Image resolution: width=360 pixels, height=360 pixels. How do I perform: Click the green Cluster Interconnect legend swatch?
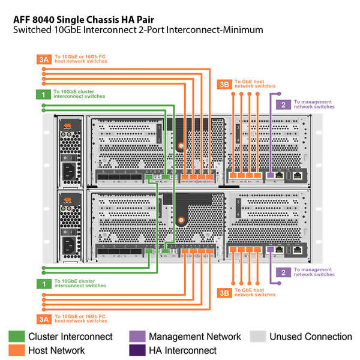pos(16,337)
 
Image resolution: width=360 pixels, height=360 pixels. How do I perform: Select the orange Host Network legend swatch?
pos(16,350)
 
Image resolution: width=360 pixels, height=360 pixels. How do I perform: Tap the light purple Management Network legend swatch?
pos(137,337)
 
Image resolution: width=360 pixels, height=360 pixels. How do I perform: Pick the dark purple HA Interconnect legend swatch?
pos(137,350)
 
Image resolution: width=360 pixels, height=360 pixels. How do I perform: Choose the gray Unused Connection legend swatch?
pos(258,337)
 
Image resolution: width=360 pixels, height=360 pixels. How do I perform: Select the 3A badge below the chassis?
pos(43,318)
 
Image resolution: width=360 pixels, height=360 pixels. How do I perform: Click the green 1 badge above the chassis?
pos(43,94)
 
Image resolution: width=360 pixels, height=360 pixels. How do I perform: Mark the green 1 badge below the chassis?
pos(43,283)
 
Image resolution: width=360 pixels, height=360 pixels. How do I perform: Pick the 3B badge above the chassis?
pos(224,85)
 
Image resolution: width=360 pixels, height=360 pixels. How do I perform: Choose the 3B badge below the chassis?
pos(224,293)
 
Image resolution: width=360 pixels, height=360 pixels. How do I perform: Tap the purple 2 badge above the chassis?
pos(283,104)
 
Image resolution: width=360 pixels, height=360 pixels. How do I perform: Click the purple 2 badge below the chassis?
pos(283,272)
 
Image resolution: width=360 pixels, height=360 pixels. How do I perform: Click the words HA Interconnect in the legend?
pos(183,350)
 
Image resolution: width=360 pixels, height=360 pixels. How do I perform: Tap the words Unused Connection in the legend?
pos(311,337)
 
